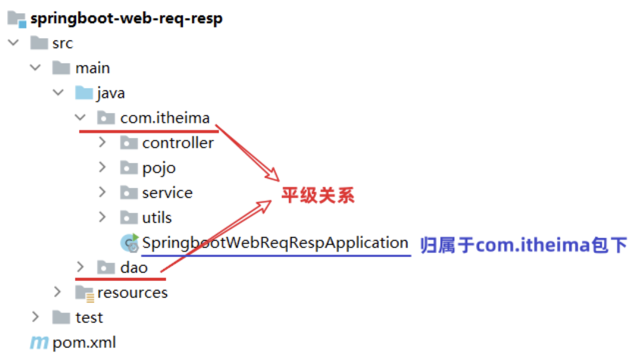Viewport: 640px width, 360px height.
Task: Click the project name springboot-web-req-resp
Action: [x=126, y=18]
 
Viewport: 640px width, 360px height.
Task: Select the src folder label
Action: [x=62, y=43]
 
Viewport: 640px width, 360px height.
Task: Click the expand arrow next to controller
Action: [x=102, y=143]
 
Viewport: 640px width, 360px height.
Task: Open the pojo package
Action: [x=159, y=168]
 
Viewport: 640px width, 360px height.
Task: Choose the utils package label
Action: [x=157, y=218]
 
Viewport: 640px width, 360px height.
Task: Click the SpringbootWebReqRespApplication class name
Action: [x=275, y=243]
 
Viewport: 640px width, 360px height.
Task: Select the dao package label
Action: [x=134, y=268]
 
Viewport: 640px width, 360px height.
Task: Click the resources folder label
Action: [x=132, y=293]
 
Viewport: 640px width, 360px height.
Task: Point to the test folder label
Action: [x=89, y=318]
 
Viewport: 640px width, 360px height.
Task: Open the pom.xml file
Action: [x=84, y=343]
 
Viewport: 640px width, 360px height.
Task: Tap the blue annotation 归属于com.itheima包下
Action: [x=524, y=245]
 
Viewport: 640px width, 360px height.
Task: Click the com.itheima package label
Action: [x=165, y=118]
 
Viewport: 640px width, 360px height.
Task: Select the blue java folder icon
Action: [x=84, y=93]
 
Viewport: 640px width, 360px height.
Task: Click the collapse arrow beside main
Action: [x=36, y=68]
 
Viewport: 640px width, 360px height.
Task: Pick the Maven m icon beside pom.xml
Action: [x=39, y=343]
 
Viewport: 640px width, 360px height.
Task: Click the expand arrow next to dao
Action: [x=80, y=267]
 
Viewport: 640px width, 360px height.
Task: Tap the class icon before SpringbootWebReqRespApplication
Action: [x=129, y=243]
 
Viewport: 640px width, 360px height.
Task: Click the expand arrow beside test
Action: [x=36, y=317]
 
